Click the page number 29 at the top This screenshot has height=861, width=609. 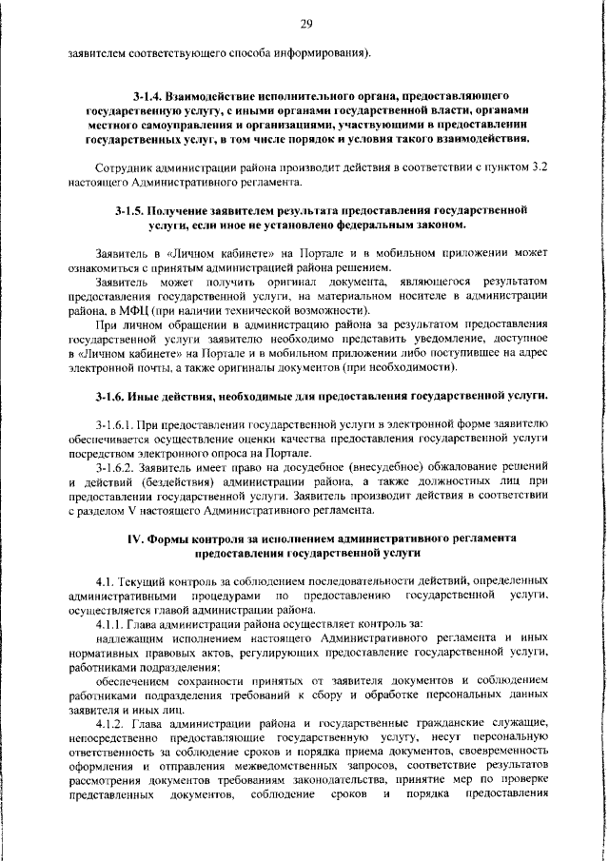pyautogui.click(x=305, y=24)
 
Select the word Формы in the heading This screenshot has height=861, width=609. pyautogui.click(x=173, y=538)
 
